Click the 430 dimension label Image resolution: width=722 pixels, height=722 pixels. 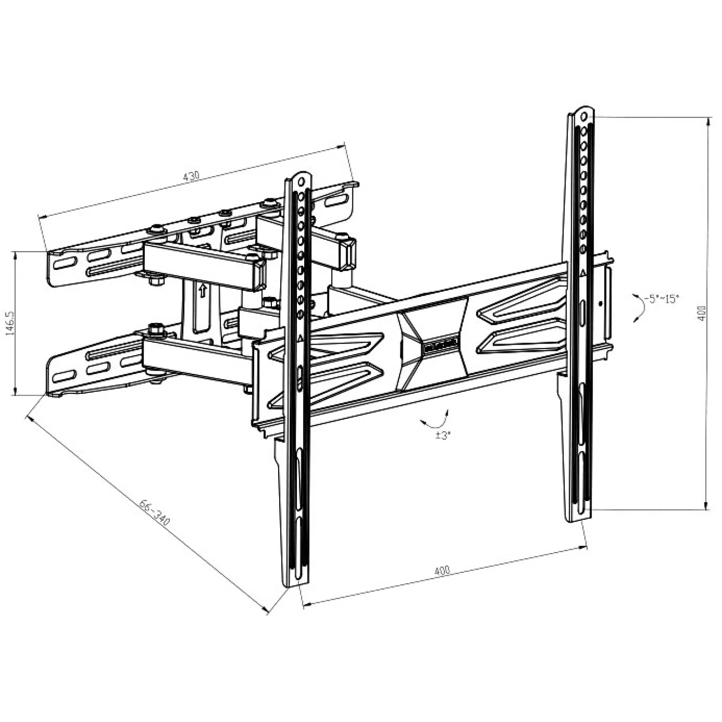tap(191, 176)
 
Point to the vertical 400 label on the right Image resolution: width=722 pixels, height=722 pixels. tap(701, 314)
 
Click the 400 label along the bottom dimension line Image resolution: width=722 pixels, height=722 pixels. tap(442, 571)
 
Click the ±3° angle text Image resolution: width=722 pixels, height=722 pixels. tap(442, 436)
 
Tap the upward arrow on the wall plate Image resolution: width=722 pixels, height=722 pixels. tap(203, 290)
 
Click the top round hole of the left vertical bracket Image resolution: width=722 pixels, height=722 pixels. tap(302, 181)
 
